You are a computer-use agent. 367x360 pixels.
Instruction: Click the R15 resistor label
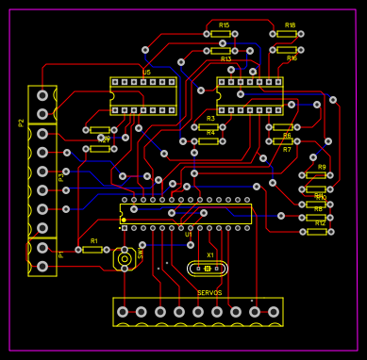point(224,25)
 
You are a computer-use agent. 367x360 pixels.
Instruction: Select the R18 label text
point(290,25)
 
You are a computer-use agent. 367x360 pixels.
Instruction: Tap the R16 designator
point(292,58)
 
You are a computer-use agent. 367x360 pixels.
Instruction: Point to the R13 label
point(225,59)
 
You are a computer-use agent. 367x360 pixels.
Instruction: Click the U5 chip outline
point(143,96)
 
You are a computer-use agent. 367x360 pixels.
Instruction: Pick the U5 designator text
point(146,73)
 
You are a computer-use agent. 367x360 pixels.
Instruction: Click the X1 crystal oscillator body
point(209,269)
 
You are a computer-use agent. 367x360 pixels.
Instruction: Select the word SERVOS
point(209,293)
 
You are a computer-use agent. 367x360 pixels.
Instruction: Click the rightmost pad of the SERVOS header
point(275,312)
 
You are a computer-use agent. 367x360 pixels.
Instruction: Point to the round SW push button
point(124,257)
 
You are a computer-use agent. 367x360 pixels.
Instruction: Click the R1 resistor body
point(92,251)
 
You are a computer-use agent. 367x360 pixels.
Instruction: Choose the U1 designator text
point(188,235)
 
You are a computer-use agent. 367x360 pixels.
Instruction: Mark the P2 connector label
point(22,123)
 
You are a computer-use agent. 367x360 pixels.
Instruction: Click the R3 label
point(210,118)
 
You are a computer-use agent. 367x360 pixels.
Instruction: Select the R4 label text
point(210,133)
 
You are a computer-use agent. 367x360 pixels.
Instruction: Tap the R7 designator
point(287,150)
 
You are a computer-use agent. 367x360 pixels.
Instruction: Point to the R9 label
point(322,167)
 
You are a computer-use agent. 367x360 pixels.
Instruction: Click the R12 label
point(320,223)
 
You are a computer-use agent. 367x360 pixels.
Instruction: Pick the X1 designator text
point(210,255)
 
